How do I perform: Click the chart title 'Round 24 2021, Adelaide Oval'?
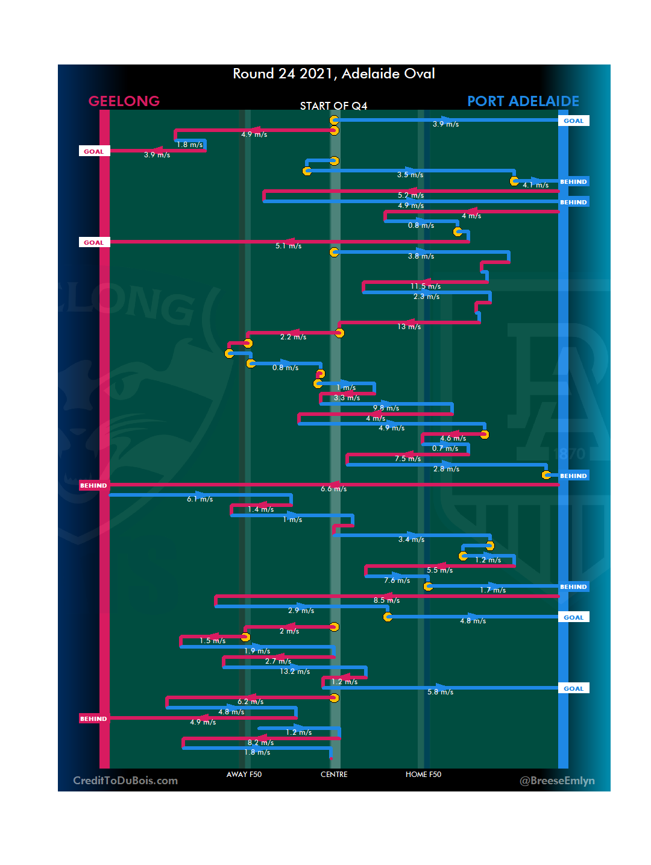(x=334, y=74)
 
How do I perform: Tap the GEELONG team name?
(x=124, y=101)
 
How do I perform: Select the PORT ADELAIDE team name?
(x=523, y=101)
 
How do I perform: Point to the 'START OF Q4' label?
(x=333, y=106)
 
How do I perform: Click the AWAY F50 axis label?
(x=244, y=775)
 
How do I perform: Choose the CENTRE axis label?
(x=334, y=775)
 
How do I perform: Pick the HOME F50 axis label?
(x=423, y=775)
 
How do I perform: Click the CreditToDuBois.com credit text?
(x=125, y=781)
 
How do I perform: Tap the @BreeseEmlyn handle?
(x=557, y=781)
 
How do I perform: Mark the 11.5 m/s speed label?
(x=426, y=286)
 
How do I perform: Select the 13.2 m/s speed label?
(x=295, y=672)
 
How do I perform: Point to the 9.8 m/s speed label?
(x=386, y=408)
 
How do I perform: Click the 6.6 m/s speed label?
(x=334, y=489)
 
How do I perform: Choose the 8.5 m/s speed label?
(x=386, y=600)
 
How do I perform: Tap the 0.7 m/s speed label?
(x=445, y=448)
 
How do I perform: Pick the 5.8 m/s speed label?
(x=440, y=692)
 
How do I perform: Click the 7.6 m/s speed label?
(x=397, y=580)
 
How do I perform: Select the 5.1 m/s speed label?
(x=288, y=246)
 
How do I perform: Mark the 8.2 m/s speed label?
(x=260, y=743)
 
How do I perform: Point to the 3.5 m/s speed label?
(x=410, y=175)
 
